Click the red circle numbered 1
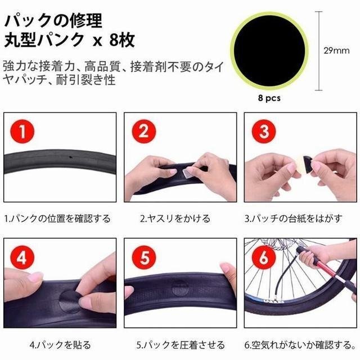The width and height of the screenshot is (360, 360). click(22, 132)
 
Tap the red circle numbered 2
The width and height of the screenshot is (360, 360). click(144, 132)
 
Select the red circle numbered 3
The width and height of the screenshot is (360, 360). click(264, 132)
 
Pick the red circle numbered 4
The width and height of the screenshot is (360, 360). click(22, 258)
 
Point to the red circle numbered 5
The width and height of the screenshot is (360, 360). click(144, 258)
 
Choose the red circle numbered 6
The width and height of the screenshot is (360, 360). click(264, 258)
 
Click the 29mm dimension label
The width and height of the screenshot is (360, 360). click(336, 51)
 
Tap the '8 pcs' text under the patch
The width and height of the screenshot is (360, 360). click(269, 98)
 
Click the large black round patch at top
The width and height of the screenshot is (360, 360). click(269, 51)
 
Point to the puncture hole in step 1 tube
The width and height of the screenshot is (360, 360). click(70, 157)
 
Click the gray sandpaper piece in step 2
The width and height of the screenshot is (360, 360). click(187, 173)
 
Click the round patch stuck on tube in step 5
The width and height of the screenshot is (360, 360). click(181, 287)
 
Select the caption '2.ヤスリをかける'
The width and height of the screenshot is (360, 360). click(175, 218)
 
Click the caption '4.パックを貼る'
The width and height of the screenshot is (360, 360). click(60, 344)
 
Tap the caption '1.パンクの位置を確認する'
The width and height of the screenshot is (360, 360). click(57, 218)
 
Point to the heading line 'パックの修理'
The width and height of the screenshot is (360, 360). click(53, 21)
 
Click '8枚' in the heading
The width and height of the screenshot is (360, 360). click(122, 40)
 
